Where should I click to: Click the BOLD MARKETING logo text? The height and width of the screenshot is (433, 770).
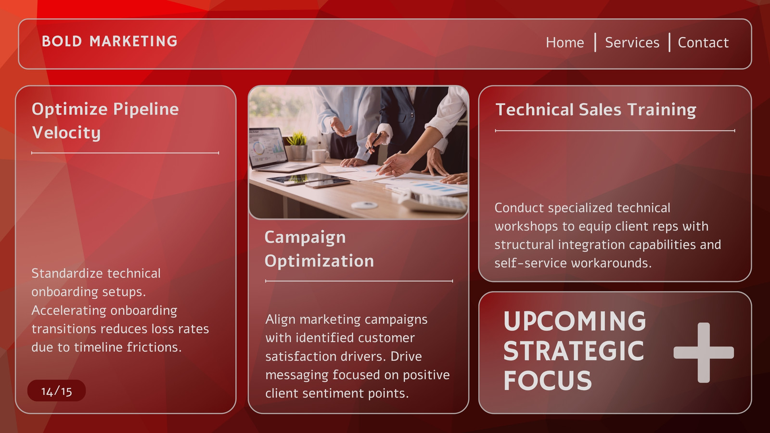coord(109,41)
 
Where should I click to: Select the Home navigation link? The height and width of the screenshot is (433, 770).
coord(565,43)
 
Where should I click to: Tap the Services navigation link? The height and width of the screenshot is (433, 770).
coord(632,43)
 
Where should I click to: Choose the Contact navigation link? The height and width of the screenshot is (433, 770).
coord(703,43)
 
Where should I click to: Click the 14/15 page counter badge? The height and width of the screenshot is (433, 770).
coord(56,391)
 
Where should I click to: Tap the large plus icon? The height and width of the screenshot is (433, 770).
coord(704,353)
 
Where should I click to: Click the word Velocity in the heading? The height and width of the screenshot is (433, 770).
coord(66,133)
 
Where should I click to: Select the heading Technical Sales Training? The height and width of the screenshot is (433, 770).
coord(596,110)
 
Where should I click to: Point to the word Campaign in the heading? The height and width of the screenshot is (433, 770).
coord(305,238)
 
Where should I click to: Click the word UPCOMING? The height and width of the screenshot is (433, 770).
coord(575,321)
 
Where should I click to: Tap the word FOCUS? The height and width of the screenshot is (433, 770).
coord(548,381)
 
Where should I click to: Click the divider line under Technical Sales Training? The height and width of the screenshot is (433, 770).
coord(615,130)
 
